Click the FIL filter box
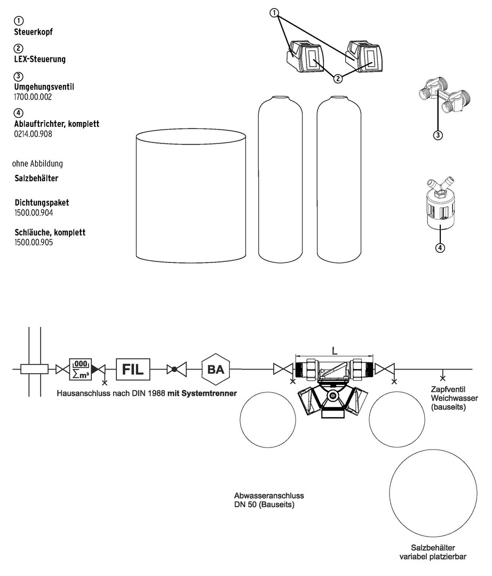pos(133,369)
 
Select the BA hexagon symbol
pos(215,369)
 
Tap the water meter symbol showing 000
pos(81,369)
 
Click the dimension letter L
pos(334,351)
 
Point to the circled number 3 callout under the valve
pos(438,135)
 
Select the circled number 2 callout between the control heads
pos(338,79)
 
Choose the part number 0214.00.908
pos(33,134)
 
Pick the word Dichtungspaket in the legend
pos(42,203)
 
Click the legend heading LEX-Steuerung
pos(39,59)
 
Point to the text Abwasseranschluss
pos(265,495)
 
